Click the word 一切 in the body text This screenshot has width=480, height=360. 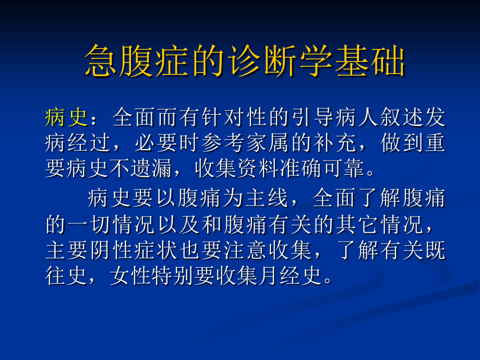coord(89,224)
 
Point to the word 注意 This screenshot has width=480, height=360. coord(234,250)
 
